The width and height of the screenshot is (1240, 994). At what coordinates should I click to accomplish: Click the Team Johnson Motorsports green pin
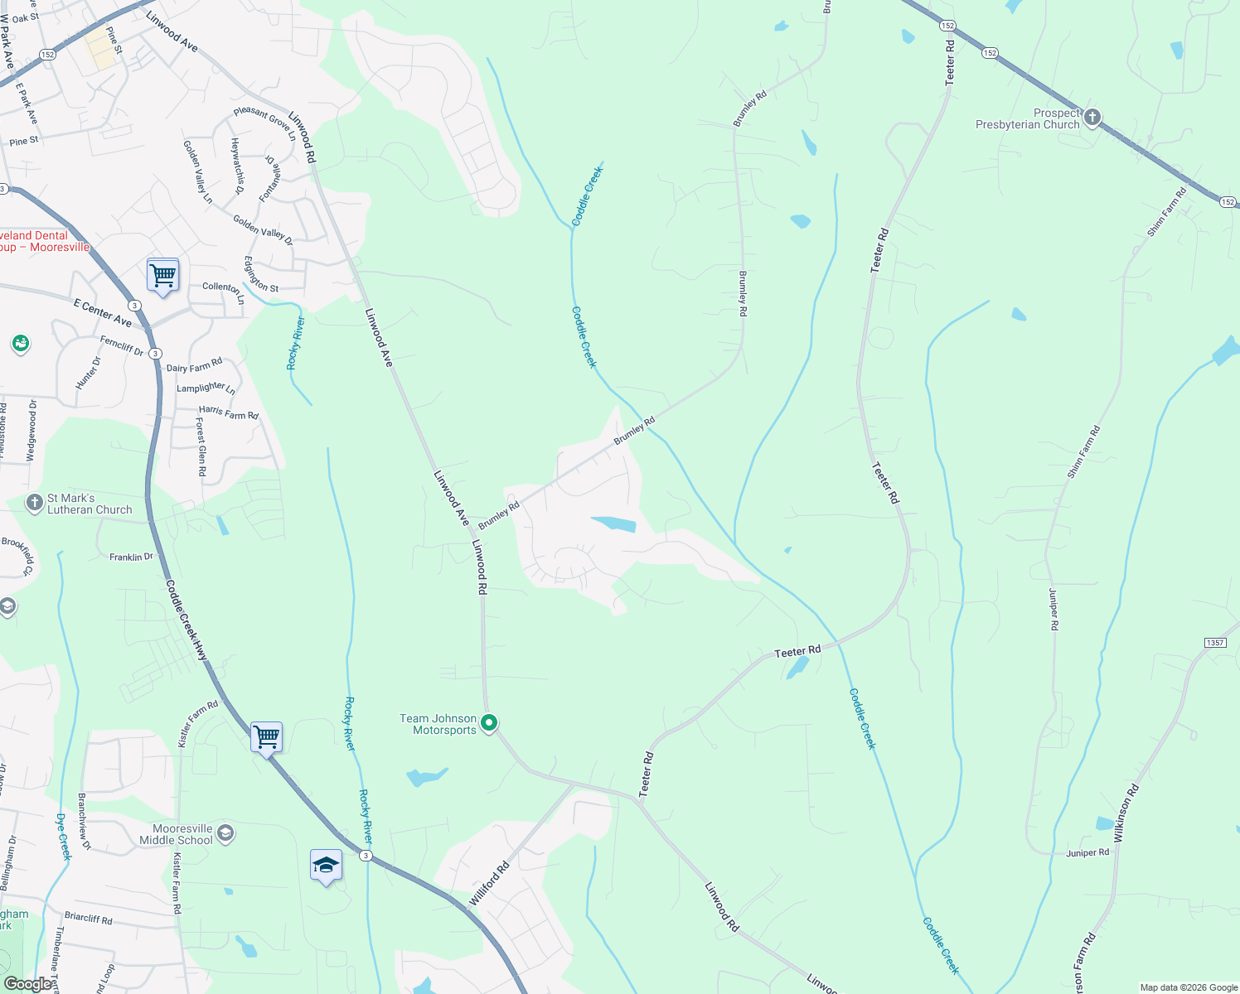click(490, 723)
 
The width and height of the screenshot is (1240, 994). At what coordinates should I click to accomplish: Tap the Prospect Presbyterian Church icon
click(1092, 118)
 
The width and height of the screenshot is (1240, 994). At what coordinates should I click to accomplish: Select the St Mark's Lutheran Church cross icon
click(34, 503)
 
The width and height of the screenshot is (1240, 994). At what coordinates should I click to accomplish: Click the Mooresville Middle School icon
click(225, 833)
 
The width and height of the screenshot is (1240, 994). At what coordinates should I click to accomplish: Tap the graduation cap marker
click(326, 866)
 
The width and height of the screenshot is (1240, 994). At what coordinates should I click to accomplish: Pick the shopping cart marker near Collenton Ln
click(163, 275)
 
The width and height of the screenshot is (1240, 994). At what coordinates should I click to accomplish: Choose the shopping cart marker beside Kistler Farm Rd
click(266, 736)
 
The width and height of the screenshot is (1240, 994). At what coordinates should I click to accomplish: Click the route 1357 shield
click(1215, 643)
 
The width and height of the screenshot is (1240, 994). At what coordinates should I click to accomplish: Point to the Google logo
click(27, 984)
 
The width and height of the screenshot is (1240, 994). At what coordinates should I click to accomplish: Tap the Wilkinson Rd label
click(1127, 813)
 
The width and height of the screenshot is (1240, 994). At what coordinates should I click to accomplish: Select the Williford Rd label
click(489, 885)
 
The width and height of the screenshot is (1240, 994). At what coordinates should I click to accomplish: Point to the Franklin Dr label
click(132, 557)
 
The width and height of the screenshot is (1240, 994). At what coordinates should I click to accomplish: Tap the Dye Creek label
click(62, 837)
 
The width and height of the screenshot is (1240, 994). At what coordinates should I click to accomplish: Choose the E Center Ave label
click(103, 312)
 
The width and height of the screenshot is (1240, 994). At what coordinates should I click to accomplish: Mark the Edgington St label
click(260, 274)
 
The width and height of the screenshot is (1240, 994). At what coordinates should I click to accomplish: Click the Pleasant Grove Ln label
click(264, 123)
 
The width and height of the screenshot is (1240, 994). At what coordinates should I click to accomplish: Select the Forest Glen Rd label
click(201, 446)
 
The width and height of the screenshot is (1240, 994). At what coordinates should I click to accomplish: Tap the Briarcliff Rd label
click(88, 919)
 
